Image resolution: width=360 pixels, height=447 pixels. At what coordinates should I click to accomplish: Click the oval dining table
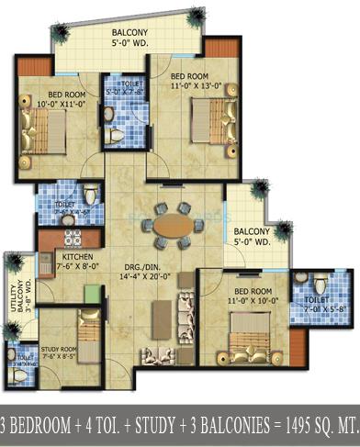coord(172,225)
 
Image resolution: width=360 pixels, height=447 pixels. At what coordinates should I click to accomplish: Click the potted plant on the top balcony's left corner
coord(62,33)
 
